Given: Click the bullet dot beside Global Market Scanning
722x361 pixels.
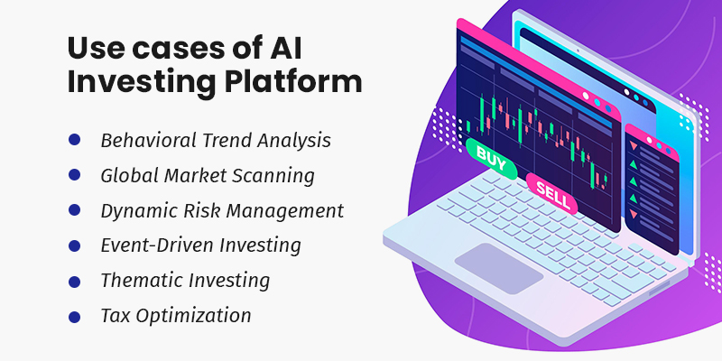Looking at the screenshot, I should point(74,175).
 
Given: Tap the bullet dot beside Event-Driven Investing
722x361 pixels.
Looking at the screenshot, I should point(74,245).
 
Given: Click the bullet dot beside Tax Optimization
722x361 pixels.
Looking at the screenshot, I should point(74,315).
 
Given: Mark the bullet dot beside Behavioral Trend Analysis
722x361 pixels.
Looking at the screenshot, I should point(74,140).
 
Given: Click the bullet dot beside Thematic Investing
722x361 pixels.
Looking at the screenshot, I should point(74,280).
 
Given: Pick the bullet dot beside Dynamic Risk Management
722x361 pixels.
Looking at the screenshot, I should point(74,210).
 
